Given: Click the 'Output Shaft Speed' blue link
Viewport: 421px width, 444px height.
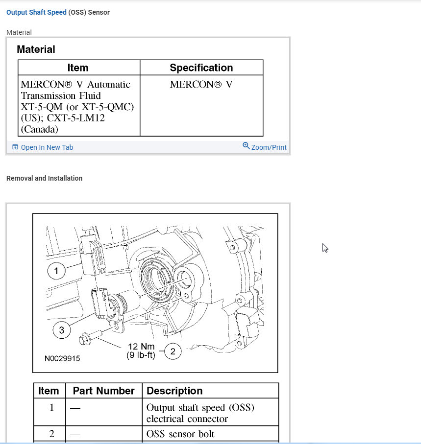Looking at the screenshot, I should tap(36, 12).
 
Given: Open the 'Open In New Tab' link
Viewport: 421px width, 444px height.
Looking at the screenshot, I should tap(47, 147).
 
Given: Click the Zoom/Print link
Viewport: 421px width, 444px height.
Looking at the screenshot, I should tap(269, 147).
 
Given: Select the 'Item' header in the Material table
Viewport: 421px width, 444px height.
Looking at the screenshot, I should tap(78, 68).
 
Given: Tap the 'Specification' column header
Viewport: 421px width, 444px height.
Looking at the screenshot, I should tap(201, 68).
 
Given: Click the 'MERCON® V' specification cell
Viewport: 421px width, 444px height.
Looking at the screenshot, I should tap(201, 84).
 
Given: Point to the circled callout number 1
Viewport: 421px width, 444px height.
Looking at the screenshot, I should tap(56, 271).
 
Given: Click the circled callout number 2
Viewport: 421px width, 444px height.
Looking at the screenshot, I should tap(173, 351).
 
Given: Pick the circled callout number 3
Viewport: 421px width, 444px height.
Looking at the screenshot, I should tap(62, 330).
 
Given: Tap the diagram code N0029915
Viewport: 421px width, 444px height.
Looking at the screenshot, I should tap(62, 358).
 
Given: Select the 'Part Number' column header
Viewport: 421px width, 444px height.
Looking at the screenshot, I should tap(103, 391).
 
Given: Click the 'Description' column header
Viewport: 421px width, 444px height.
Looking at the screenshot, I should tap(174, 391).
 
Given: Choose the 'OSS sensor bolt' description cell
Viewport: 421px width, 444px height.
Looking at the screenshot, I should tap(180, 434).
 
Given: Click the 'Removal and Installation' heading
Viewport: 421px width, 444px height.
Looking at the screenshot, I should tap(44, 178).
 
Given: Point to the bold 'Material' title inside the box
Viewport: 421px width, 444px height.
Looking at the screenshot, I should tap(36, 49).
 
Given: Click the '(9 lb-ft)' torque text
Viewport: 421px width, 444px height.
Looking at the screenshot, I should tap(141, 355).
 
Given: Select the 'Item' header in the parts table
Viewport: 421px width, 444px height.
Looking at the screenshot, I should tap(49, 391).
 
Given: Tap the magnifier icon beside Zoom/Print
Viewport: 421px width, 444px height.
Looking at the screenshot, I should tap(246, 146).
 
